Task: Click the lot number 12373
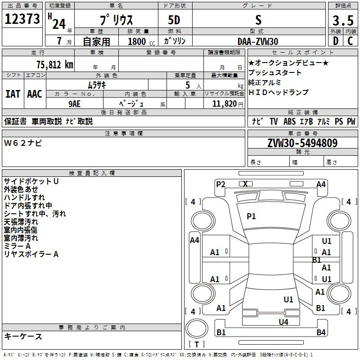tap(22, 19)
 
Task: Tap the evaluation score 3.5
tap(343, 21)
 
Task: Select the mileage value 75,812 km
tap(55, 65)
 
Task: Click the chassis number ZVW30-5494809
tap(302, 143)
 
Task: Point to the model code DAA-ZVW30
tap(258, 41)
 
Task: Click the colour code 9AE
tap(75, 104)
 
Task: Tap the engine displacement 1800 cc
tap(141, 41)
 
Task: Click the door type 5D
tap(174, 20)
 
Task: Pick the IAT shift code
tap(13, 94)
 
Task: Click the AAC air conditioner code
tap(35, 94)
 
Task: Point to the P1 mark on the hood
tap(251, 216)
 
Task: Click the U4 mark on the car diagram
tap(283, 322)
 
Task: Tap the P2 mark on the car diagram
tap(220, 184)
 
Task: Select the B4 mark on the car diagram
tap(321, 332)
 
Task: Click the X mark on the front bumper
tap(245, 184)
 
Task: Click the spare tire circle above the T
tap(197, 328)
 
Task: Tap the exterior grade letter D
tap(336, 41)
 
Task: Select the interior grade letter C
tap(350, 41)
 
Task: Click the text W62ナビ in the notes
tap(23, 143)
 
